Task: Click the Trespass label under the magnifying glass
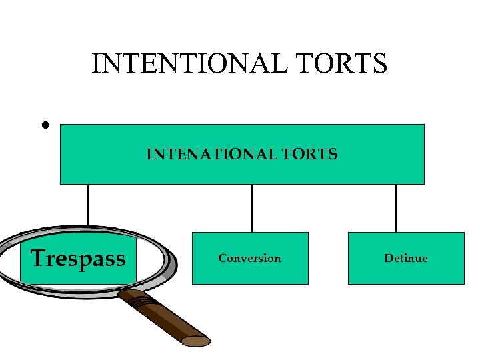tap(78, 258)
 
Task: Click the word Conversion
tap(249, 258)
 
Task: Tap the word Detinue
tap(405, 258)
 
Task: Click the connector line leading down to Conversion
tap(252, 207)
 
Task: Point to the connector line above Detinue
tap(396, 207)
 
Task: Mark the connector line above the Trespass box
tap(88, 205)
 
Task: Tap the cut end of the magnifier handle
tap(197, 341)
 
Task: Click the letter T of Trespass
tap(39, 257)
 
